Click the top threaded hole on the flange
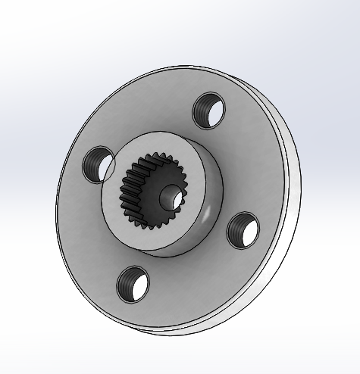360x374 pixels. (x=209, y=111)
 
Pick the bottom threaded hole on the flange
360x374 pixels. (x=133, y=283)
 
